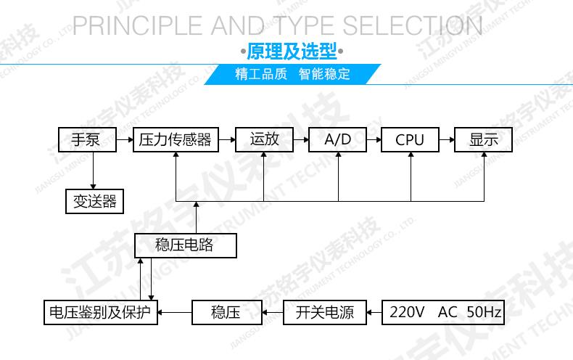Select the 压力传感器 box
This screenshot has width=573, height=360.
pyautogui.click(x=175, y=139)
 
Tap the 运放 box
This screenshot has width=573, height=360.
pyautogui.click(x=263, y=139)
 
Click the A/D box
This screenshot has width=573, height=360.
pyautogui.click(x=337, y=139)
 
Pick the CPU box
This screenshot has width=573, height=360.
pyautogui.click(x=410, y=139)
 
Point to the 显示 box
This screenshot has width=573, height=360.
pyautogui.click(x=483, y=139)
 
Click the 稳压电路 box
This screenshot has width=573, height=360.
pyautogui.click(x=186, y=245)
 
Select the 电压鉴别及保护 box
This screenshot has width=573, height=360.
pyautogui.click(x=100, y=313)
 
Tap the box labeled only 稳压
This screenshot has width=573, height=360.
pyautogui.click(x=226, y=313)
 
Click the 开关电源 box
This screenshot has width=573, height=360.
pyautogui.click(x=324, y=313)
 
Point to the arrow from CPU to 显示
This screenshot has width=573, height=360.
pyautogui.click(x=447, y=139)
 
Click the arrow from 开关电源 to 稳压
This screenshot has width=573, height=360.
pyautogui.click(x=272, y=313)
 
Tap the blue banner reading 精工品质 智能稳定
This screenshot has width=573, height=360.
pyautogui.click(x=292, y=74)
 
